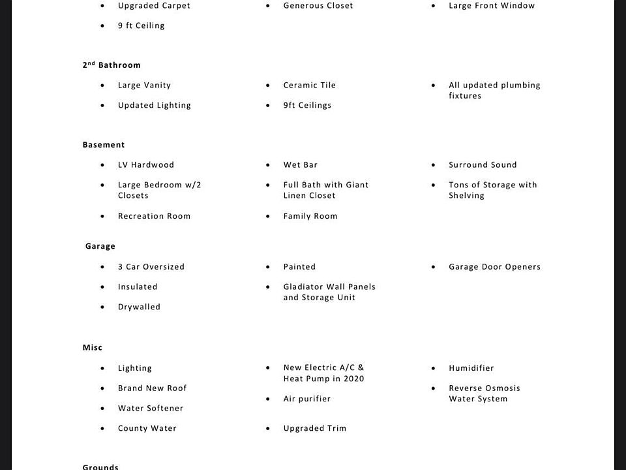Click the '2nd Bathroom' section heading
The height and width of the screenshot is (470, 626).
[112, 65]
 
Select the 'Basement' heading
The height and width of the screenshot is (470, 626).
[104, 145]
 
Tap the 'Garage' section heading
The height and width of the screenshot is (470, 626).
[100, 246]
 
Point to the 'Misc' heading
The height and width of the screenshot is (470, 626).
[93, 348]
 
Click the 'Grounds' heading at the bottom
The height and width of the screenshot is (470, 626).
[100, 466]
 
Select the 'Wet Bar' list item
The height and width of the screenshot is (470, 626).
[300, 165]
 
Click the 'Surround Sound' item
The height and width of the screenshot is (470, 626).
[483, 165]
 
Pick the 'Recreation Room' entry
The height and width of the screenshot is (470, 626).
[154, 216]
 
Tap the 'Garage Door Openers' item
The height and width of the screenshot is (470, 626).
[494, 267]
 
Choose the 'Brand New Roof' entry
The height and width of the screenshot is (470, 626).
[152, 388]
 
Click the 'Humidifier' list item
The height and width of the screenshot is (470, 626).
[471, 368]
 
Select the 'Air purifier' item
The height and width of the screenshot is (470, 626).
[306, 399]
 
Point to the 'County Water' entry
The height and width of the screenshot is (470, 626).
[147, 429]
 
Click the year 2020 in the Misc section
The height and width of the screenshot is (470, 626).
[353, 379]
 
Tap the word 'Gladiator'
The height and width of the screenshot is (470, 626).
[305, 287]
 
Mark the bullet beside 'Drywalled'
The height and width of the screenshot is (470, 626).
[102, 307]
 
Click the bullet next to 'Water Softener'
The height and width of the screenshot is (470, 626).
[102, 409]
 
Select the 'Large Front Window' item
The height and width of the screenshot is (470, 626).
[491, 6]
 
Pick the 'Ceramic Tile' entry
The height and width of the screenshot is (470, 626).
[309, 86]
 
